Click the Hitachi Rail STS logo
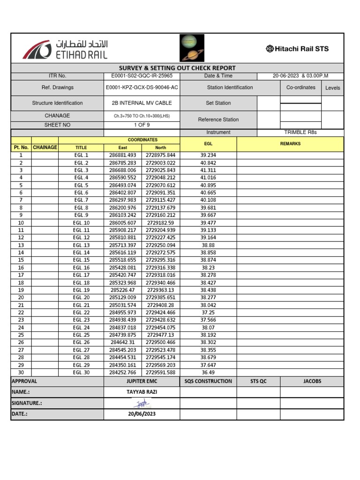297,48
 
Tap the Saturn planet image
190,55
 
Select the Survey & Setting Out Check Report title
177,68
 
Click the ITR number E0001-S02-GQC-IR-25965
142,76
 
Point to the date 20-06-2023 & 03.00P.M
300,76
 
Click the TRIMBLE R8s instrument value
300,133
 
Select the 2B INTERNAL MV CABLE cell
142,103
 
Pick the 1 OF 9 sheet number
142,125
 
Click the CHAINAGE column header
45,147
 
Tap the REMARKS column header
290,144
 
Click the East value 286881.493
122,155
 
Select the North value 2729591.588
160,373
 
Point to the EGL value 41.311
208,170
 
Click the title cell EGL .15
81,260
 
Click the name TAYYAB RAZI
142,392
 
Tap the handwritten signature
142,403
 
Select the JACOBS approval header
312,381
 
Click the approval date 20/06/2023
142,414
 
